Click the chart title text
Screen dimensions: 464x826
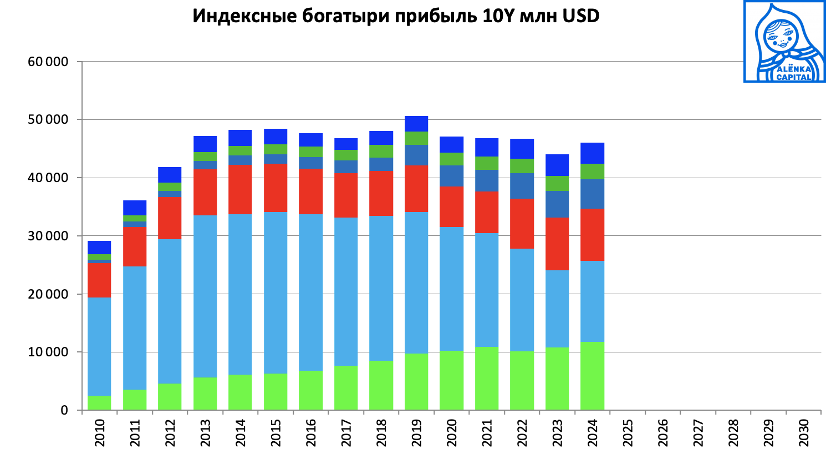pos(396,16)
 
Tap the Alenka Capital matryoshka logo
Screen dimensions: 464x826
pos(784,42)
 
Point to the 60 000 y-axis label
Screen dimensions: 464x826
pos(48,62)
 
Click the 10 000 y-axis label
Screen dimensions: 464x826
pos(48,352)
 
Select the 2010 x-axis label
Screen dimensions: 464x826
pos(100,433)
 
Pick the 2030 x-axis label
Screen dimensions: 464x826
pos(804,433)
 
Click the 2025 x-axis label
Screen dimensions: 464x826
pos(628,433)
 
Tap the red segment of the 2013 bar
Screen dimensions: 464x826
pos(205,192)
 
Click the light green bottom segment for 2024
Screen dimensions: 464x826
pos(592,376)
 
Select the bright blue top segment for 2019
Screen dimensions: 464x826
pos(416,124)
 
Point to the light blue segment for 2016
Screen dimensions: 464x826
pos(310,292)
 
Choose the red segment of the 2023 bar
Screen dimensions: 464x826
pos(557,244)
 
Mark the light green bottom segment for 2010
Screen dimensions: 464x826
pos(99,403)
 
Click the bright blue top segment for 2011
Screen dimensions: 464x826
pos(135,208)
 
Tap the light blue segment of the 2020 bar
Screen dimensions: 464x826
pos(451,289)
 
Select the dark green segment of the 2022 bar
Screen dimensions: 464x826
pos(522,166)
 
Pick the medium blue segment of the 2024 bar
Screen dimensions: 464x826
pos(592,194)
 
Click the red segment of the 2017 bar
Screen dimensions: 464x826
pos(346,195)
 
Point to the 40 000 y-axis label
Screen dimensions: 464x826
pos(48,178)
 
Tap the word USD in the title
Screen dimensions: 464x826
pos(581,16)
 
